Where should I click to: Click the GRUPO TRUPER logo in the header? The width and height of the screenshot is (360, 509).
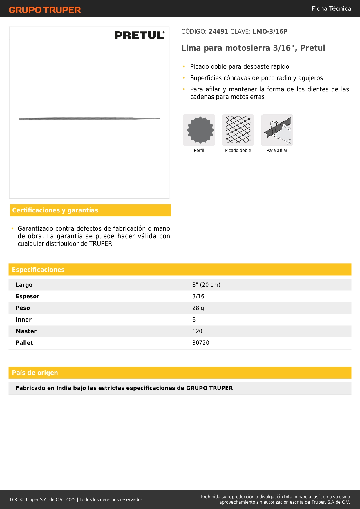click(45, 10)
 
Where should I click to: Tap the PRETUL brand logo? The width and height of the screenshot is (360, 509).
click(139, 35)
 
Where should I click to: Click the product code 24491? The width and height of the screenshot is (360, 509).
click(218, 32)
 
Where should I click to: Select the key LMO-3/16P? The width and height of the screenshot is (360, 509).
click(270, 32)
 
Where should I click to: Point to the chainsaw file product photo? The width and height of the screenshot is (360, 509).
click(89, 119)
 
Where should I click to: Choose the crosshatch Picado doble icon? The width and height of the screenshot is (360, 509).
click(238, 130)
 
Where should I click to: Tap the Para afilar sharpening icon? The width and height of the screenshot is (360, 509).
click(277, 130)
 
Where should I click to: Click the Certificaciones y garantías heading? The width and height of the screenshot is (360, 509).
click(55, 210)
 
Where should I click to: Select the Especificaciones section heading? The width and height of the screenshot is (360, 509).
click(38, 270)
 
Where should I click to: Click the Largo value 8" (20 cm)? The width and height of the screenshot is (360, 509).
click(206, 285)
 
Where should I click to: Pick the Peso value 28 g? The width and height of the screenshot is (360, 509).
click(198, 308)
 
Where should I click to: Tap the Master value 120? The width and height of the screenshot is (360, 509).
click(197, 331)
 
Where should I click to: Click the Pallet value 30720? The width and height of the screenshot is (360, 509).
click(201, 343)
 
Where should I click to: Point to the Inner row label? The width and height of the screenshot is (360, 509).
click(23, 320)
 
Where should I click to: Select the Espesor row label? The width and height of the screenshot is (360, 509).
click(28, 297)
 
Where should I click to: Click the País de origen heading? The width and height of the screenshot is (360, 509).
click(35, 373)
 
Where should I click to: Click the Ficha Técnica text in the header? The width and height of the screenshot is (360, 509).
click(331, 9)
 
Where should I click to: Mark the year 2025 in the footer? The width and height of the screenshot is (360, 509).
click(70, 500)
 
